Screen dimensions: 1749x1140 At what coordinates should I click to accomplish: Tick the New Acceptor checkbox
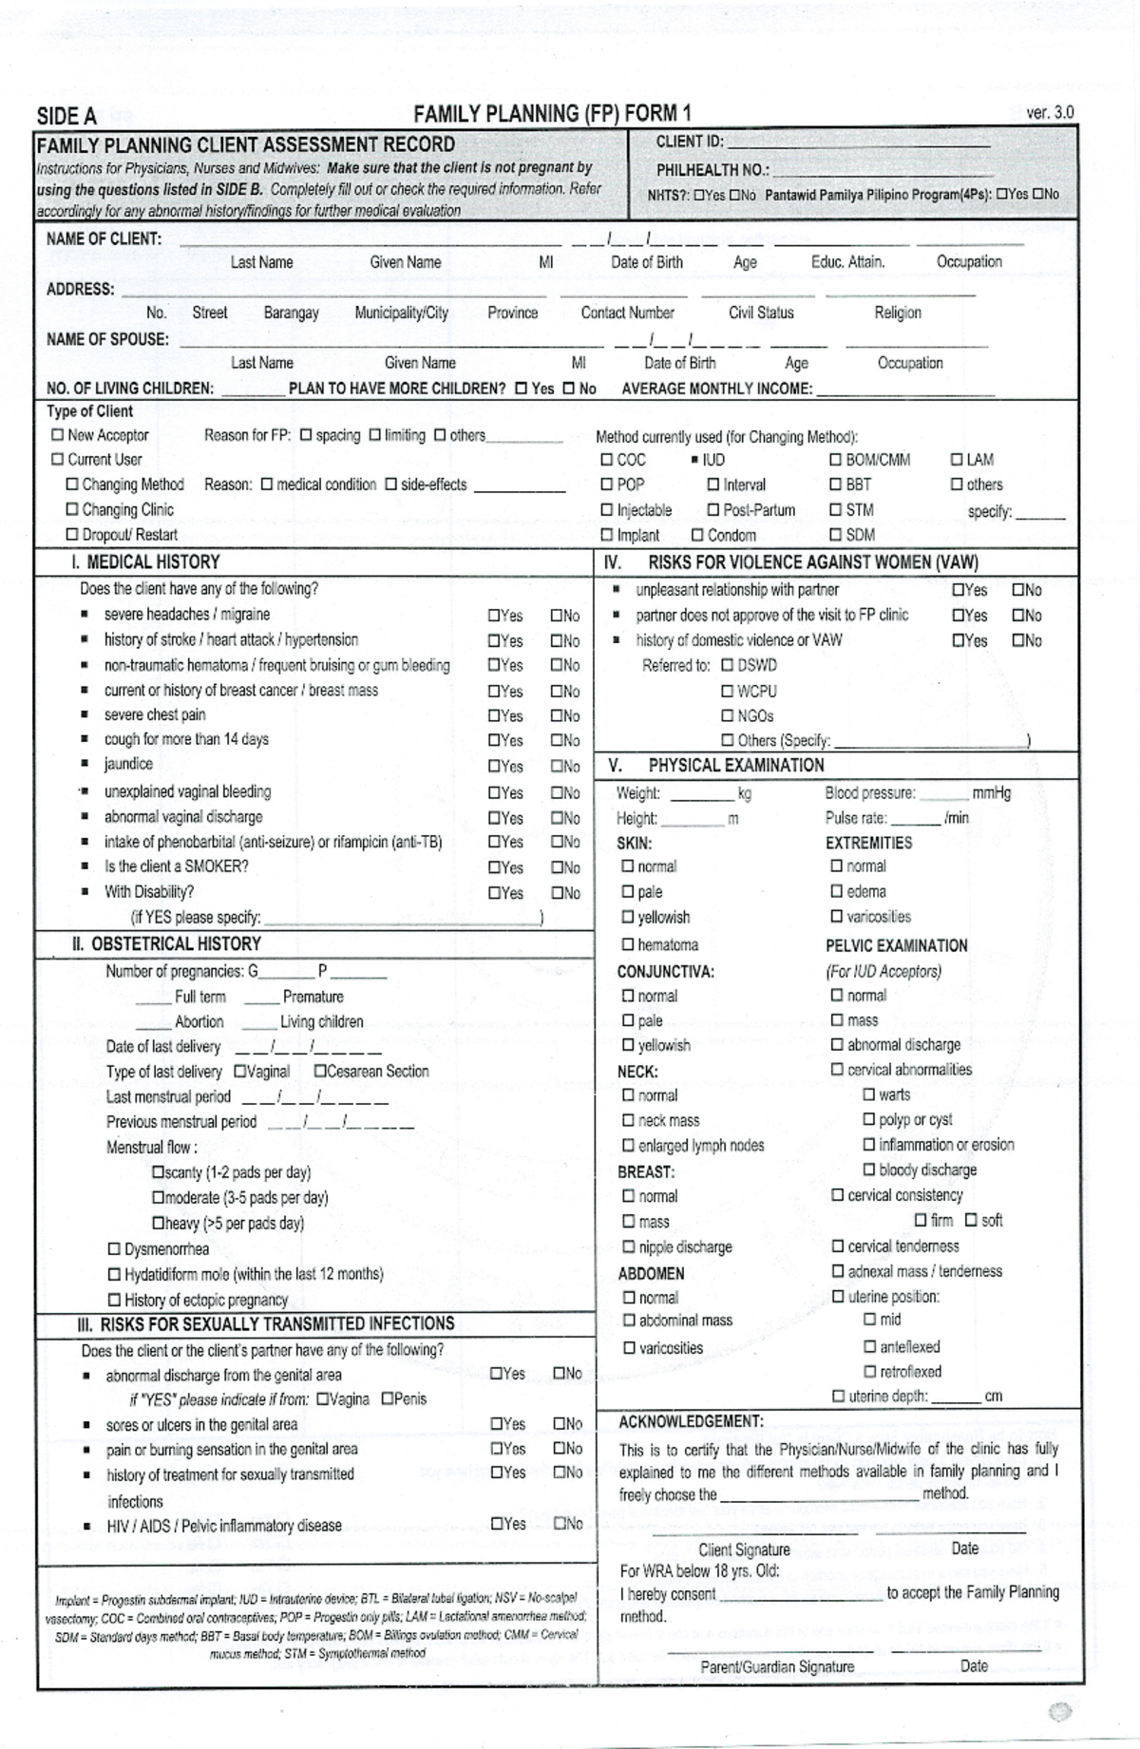[58, 435]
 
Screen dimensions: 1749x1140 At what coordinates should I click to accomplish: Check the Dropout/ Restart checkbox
[72, 535]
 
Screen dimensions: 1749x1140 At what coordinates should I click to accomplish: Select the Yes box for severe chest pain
[494, 716]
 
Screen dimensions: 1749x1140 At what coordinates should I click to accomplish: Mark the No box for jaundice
[557, 767]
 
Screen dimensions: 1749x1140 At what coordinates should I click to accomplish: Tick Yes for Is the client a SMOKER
[494, 867]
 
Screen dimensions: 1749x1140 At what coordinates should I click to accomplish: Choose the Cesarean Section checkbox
[320, 1072]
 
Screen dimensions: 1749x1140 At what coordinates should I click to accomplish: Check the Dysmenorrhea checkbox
[115, 1249]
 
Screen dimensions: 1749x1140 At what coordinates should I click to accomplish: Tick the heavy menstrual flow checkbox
[159, 1224]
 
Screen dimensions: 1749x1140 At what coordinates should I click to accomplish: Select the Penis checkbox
[388, 1399]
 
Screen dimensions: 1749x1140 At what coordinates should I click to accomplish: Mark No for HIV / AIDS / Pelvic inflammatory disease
[560, 1524]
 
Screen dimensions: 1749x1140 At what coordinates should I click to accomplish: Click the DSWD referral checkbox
[728, 666]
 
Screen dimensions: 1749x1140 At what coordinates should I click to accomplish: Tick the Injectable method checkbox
[607, 510]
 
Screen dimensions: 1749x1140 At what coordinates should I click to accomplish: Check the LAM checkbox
[957, 460]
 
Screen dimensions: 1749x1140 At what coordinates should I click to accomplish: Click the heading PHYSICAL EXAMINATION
[735, 766]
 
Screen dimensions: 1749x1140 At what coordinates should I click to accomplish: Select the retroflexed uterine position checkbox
[869, 1372]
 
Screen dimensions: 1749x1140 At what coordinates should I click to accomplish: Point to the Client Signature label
[744, 1549]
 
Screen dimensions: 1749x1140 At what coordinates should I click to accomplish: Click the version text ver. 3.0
[1050, 112]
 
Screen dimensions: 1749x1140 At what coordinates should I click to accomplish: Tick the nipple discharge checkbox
[629, 1247]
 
